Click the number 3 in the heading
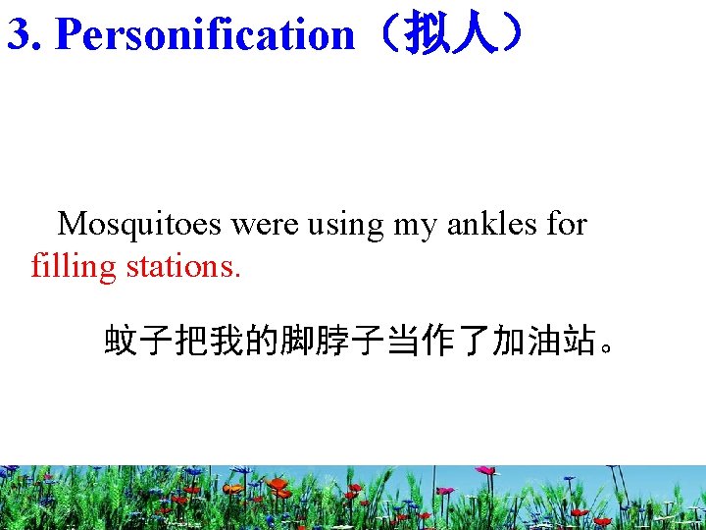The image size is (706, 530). (18, 34)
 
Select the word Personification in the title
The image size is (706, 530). (204, 34)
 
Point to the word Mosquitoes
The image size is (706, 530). (140, 224)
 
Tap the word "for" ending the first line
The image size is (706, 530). (567, 224)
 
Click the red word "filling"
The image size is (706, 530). (73, 266)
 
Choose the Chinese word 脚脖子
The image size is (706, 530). (333, 342)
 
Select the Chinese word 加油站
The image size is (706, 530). (545, 342)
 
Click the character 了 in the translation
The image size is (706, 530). (475, 342)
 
